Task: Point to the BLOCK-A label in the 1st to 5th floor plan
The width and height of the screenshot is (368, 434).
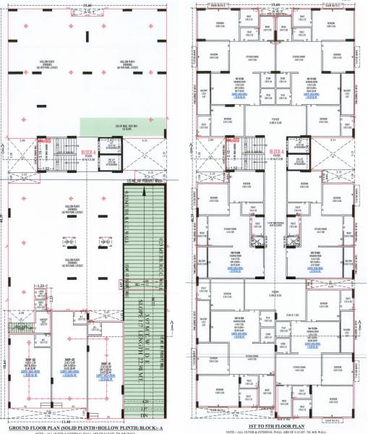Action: [275, 152]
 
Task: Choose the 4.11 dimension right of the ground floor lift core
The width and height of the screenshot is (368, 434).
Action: [145, 139]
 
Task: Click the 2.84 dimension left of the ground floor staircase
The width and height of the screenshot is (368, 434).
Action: [22, 139]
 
